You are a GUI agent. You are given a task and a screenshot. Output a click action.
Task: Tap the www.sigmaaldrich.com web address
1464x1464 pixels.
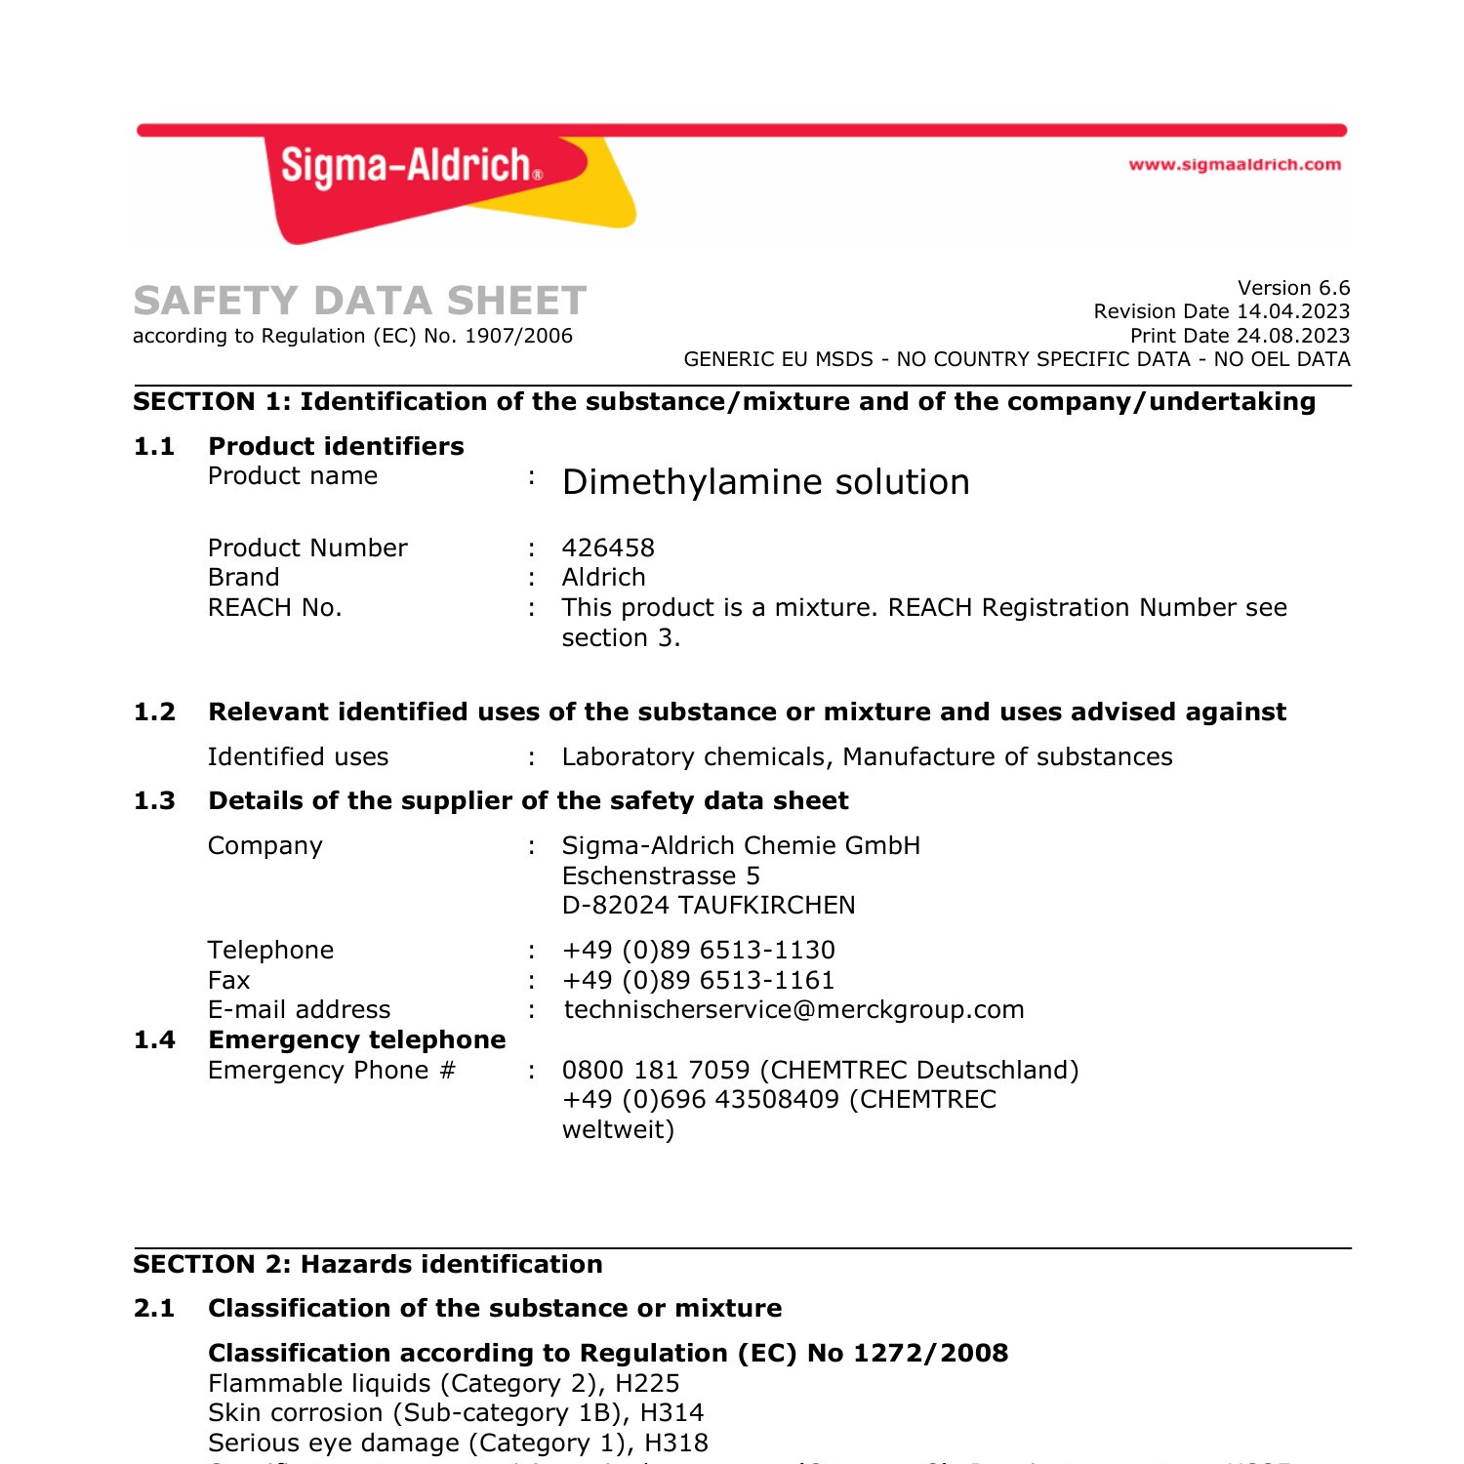point(1235,165)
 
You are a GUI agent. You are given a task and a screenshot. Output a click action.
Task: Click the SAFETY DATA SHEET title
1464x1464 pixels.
point(360,301)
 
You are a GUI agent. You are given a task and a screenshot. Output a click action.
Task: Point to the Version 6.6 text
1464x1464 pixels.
point(1293,288)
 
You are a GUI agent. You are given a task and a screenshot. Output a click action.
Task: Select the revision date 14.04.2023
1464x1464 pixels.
point(1293,311)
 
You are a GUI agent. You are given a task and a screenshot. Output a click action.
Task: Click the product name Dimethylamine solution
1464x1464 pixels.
point(766,482)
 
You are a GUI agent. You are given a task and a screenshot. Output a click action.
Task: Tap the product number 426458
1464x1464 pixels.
point(608,548)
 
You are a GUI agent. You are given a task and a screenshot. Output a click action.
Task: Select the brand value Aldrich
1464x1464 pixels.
point(603,577)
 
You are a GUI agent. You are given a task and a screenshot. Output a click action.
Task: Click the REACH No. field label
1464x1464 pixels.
point(275,607)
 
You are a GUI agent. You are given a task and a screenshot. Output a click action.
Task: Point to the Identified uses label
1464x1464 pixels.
point(298,756)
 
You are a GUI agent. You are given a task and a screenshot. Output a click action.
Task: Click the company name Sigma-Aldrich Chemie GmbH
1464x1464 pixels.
point(741,845)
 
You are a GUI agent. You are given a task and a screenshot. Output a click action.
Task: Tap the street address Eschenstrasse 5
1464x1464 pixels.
point(661,875)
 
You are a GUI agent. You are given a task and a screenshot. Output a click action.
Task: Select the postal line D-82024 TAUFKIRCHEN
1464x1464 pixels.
point(709,905)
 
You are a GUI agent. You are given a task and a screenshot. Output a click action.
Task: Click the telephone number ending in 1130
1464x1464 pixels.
point(699,950)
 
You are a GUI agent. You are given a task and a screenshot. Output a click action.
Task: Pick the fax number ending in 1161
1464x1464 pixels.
point(699,980)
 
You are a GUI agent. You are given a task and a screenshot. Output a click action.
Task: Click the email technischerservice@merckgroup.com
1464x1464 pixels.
point(793,1009)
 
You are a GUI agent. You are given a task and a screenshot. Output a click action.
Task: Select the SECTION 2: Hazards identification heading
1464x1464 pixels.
point(368,1264)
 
